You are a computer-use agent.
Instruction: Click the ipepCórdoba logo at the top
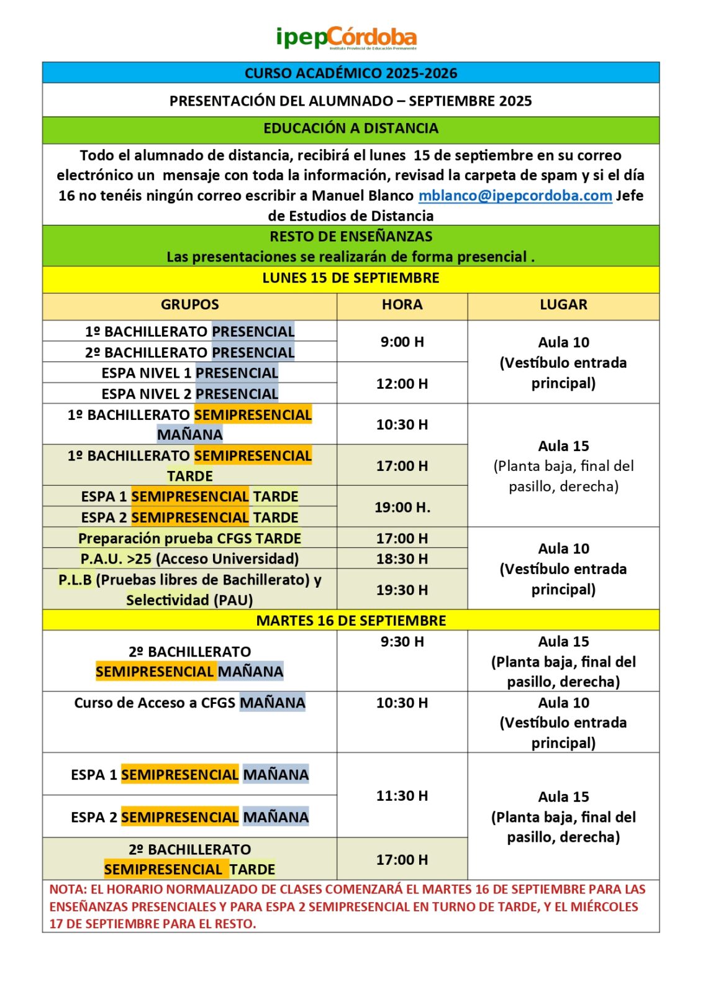coord(346,38)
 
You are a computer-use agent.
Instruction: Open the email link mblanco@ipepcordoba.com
coord(515,196)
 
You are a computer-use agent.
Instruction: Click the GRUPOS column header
coord(189,304)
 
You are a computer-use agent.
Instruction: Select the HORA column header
coord(402,304)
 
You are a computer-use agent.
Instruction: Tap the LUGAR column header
coord(563,304)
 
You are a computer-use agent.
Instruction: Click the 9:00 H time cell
coord(402,342)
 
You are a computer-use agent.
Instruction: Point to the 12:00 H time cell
coord(402,383)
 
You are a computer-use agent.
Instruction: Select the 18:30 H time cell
coord(402,559)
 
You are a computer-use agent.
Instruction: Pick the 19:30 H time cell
coord(402,590)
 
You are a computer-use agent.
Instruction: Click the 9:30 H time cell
coord(402,641)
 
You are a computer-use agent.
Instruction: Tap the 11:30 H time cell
coord(402,795)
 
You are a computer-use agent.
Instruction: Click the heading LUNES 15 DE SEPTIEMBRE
coord(351,278)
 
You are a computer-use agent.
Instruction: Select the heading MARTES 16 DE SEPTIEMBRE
coord(351,620)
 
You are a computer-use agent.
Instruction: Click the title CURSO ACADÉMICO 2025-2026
coord(351,73)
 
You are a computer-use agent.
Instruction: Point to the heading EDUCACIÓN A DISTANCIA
coord(351,128)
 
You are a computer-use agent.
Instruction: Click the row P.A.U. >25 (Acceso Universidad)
coord(189,559)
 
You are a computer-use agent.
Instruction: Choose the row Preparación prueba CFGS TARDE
coord(189,538)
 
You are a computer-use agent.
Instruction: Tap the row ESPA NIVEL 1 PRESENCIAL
coord(189,373)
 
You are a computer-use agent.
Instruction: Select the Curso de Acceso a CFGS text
coord(155,703)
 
